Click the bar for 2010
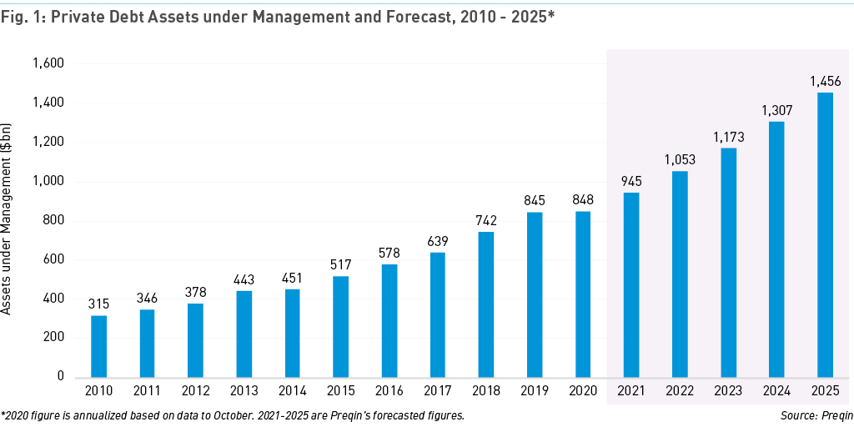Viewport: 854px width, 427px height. pos(98,346)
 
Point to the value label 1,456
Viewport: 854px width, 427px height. pos(824,82)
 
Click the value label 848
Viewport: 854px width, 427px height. pos(582,200)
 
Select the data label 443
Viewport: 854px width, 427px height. pos(244,279)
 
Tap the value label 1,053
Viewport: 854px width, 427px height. pos(679,160)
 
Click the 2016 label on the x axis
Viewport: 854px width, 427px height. pos(389,391)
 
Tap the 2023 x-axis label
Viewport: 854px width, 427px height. pos(727,391)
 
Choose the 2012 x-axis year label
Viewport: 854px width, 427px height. pos(195,391)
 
